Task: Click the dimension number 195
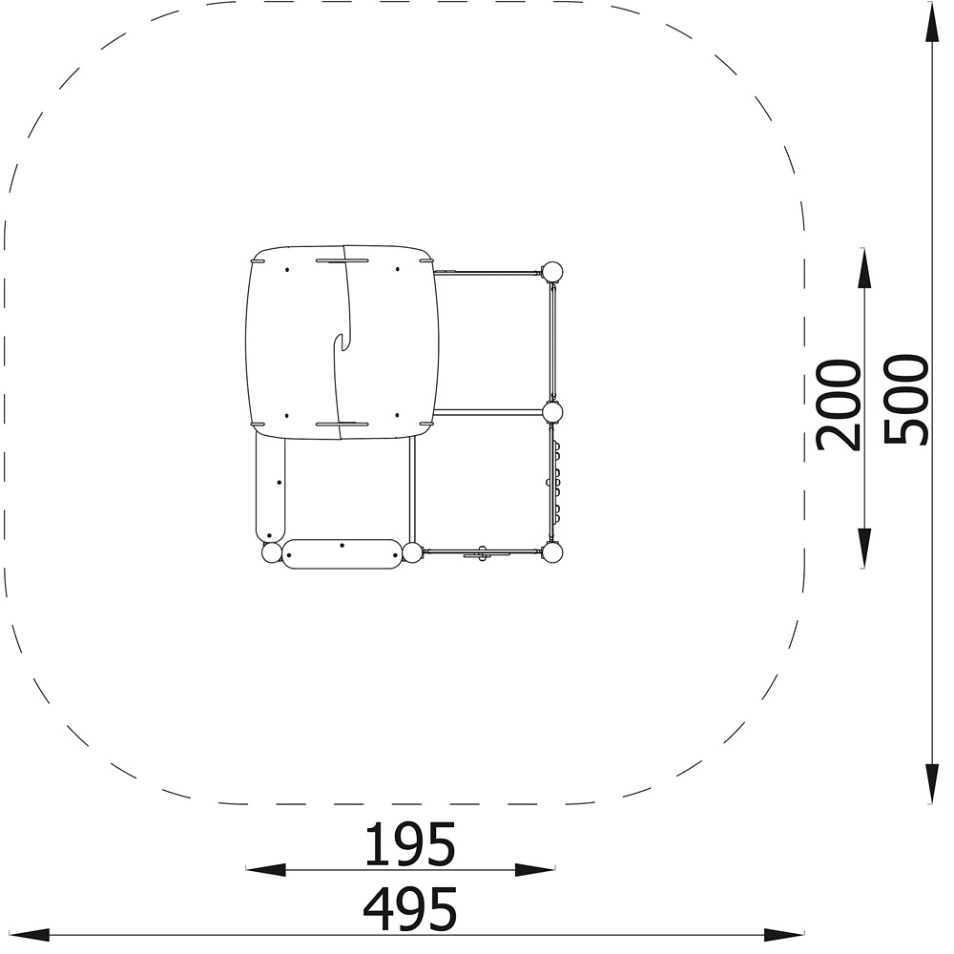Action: tap(409, 844)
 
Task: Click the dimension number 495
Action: tap(409, 909)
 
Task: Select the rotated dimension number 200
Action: tap(839, 405)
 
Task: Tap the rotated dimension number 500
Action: tap(906, 401)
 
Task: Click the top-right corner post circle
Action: tap(551, 272)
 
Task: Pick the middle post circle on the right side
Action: tap(552, 413)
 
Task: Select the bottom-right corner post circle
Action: tap(551, 552)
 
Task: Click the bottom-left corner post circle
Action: tap(272, 553)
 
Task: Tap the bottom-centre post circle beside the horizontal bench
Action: tap(412, 553)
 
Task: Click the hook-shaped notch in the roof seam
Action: tap(341, 343)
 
